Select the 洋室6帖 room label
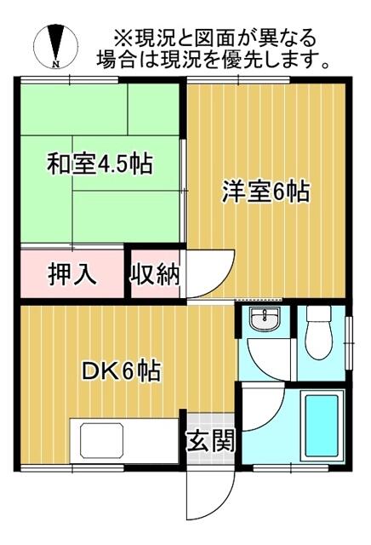tap(265, 191)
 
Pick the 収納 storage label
tap(155, 275)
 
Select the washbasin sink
tap(265, 322)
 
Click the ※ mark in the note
tap(123, 39)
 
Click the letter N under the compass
tap(55, 63)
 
